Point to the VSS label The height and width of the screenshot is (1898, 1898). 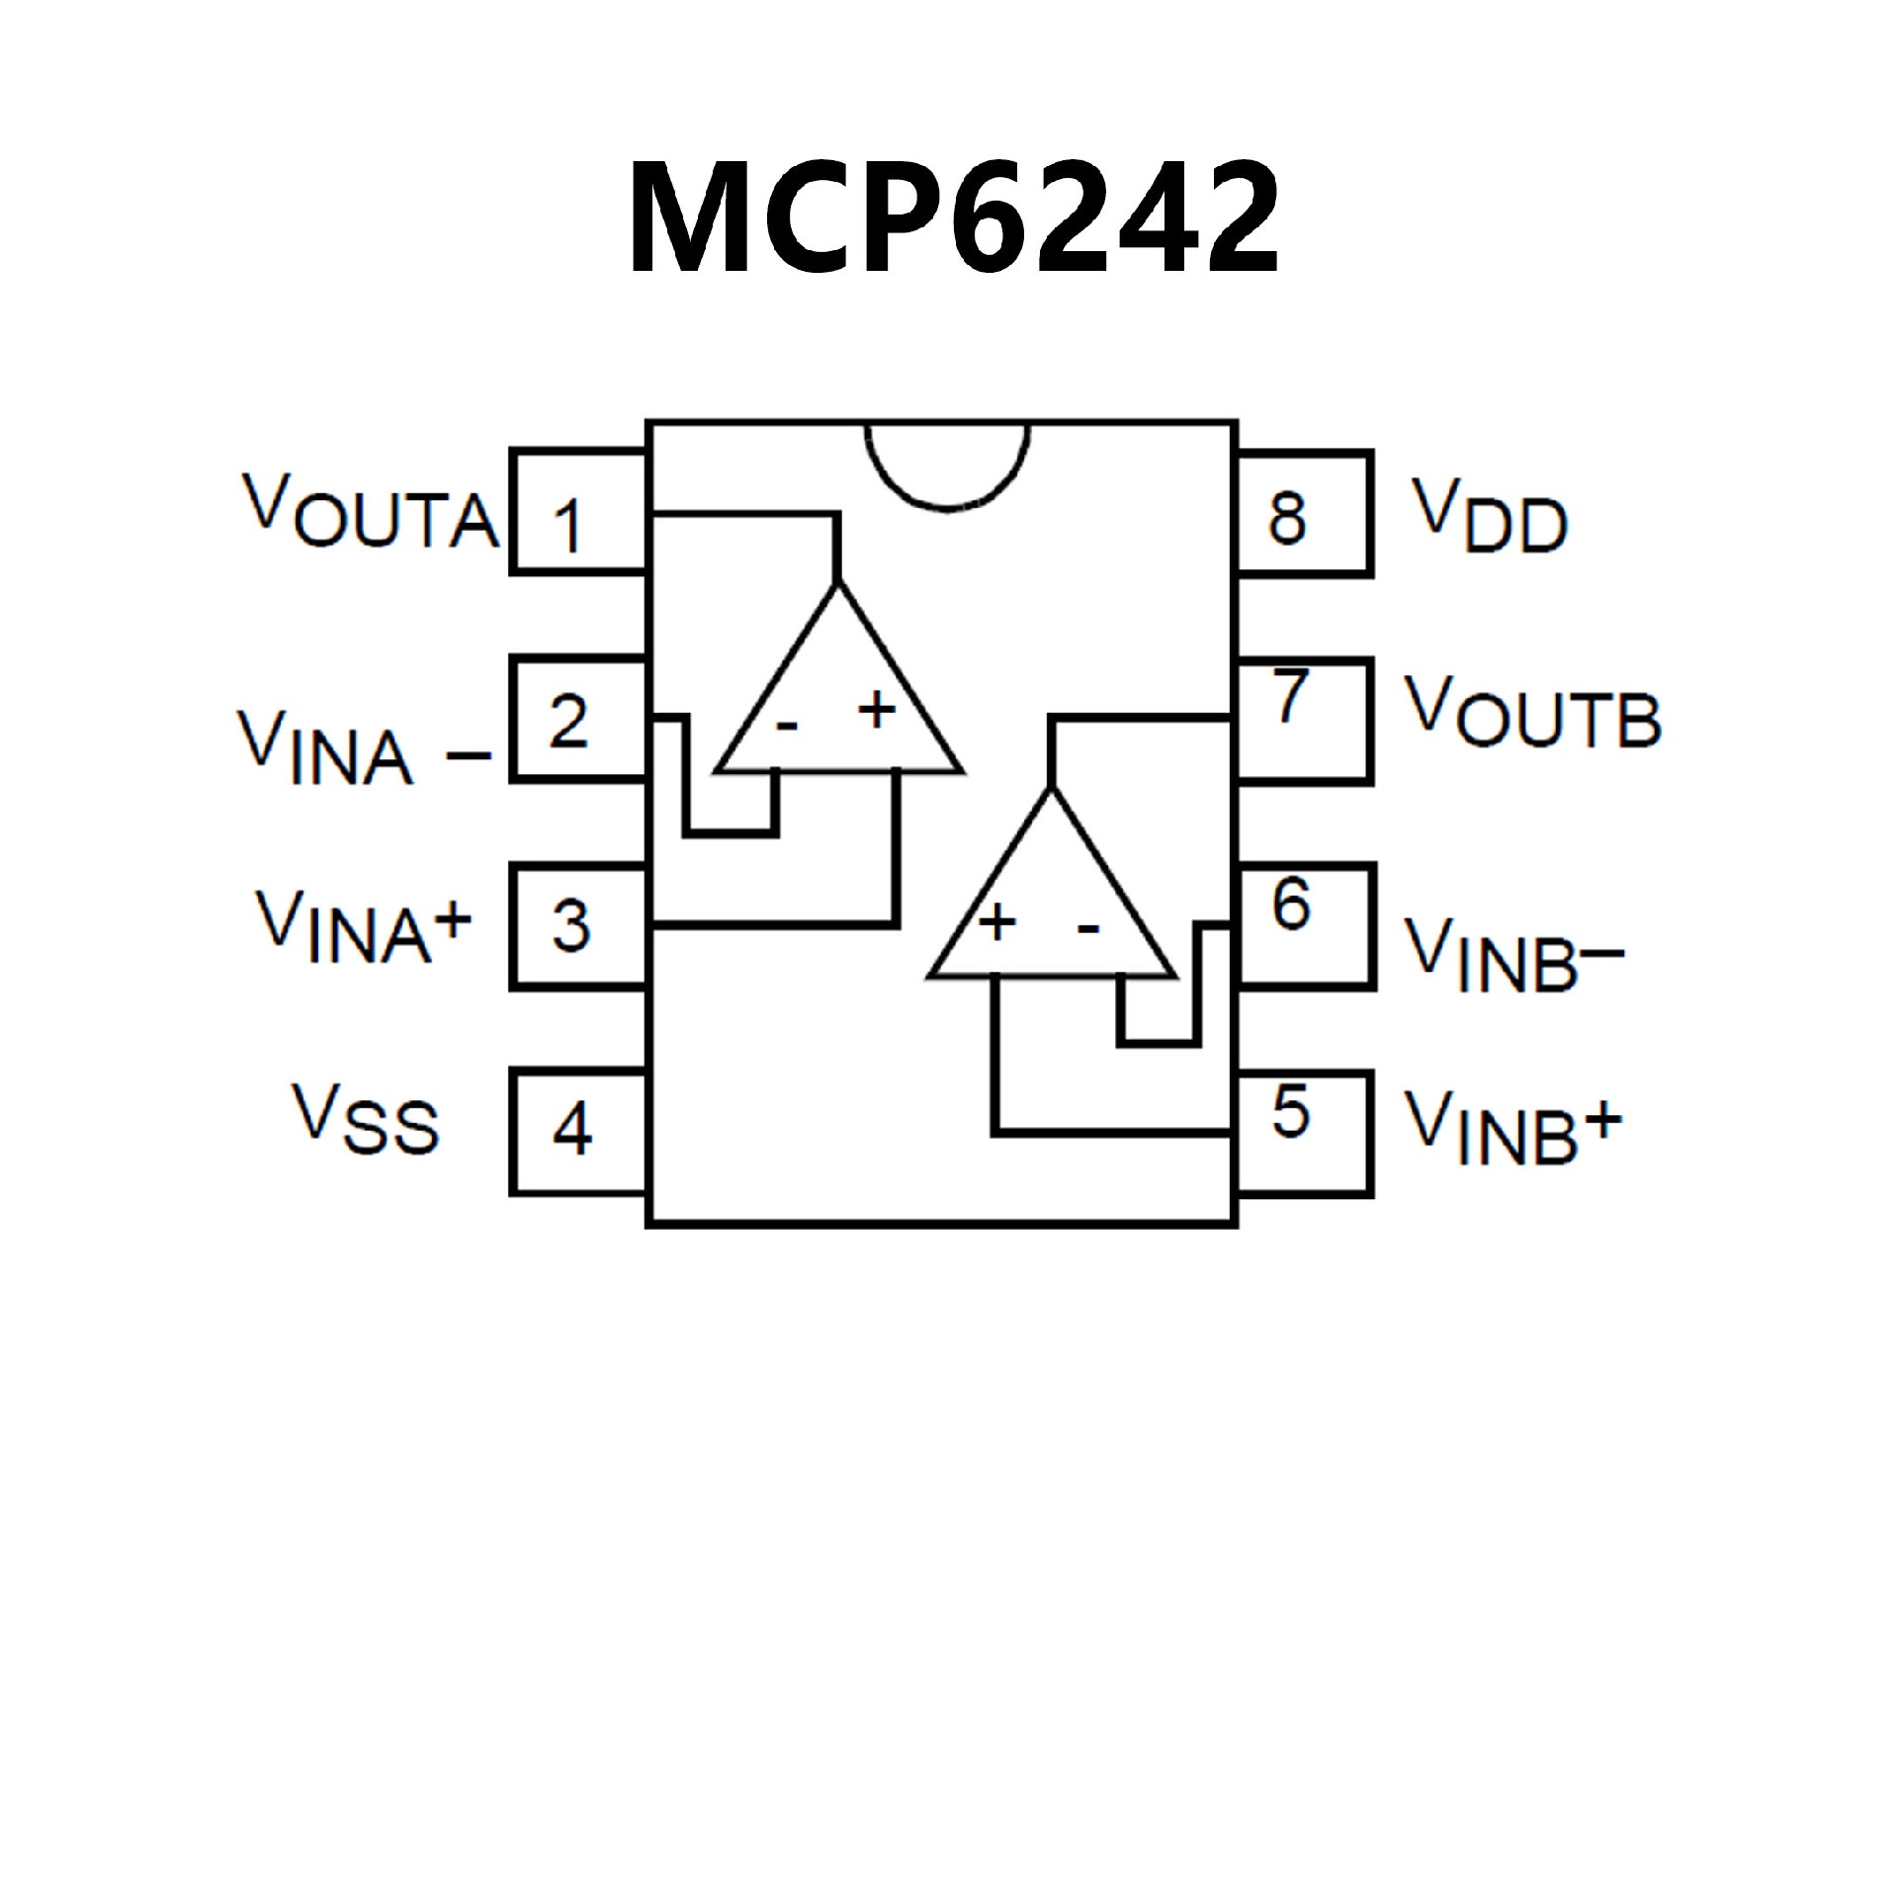364,1117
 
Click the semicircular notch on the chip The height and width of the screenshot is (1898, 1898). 947,465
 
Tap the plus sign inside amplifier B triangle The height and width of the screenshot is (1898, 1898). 996,922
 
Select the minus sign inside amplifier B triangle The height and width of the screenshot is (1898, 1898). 1087,928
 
